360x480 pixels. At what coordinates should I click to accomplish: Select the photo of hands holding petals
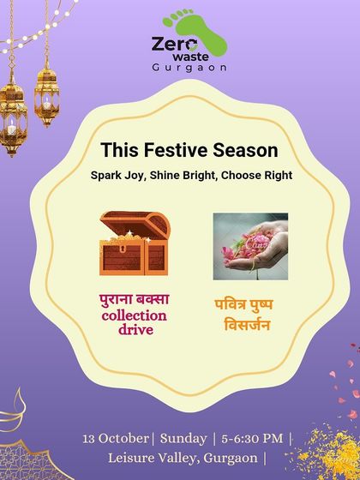click(x=250, y=246)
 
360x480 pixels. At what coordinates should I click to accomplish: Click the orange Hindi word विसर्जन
click(x=249, y=325)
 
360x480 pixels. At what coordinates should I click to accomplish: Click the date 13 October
click(x=115, y=439)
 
